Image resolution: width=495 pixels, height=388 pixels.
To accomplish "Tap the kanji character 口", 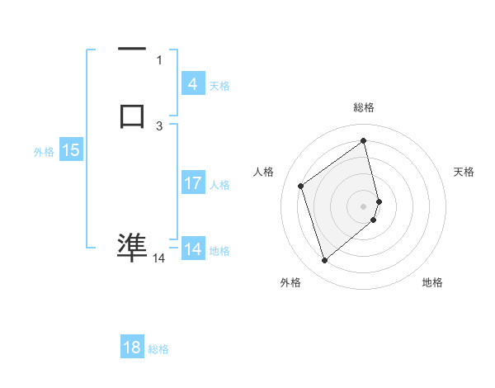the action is coord(132,116).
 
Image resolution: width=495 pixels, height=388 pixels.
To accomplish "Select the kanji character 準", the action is coord(132,247).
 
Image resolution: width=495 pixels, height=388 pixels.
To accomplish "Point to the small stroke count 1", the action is coord(159,59).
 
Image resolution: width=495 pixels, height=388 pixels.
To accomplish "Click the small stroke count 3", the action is coord(159,125).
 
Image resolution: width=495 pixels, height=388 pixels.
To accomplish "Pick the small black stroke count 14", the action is coord(158,258).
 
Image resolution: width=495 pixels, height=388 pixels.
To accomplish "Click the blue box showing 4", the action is coord(193,84).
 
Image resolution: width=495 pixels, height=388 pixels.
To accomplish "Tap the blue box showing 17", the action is coord(193,183).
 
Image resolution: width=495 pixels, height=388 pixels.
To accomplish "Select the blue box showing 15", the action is coord(71,150).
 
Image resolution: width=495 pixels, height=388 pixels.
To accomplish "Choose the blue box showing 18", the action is coord(132,348).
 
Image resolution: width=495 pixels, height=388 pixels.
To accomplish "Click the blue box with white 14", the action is coord(193,249).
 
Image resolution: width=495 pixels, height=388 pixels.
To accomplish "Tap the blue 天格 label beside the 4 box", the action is coord(219,86).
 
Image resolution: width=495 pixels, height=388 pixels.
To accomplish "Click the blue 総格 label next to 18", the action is coord(158,349).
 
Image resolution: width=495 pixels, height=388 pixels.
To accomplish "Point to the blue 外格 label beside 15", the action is coord(43,152).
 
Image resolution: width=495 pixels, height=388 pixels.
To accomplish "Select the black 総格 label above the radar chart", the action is coord(364,107).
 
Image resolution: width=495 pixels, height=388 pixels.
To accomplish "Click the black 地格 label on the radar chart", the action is coord(432,282).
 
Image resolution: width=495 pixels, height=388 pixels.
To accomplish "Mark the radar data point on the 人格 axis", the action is coord(301,186).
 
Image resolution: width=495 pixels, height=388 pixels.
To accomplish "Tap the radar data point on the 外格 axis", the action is coord(324,261).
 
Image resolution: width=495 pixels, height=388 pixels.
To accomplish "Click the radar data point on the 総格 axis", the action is coord(364,140).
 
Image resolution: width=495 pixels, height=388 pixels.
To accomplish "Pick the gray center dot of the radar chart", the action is coord(364,206).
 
